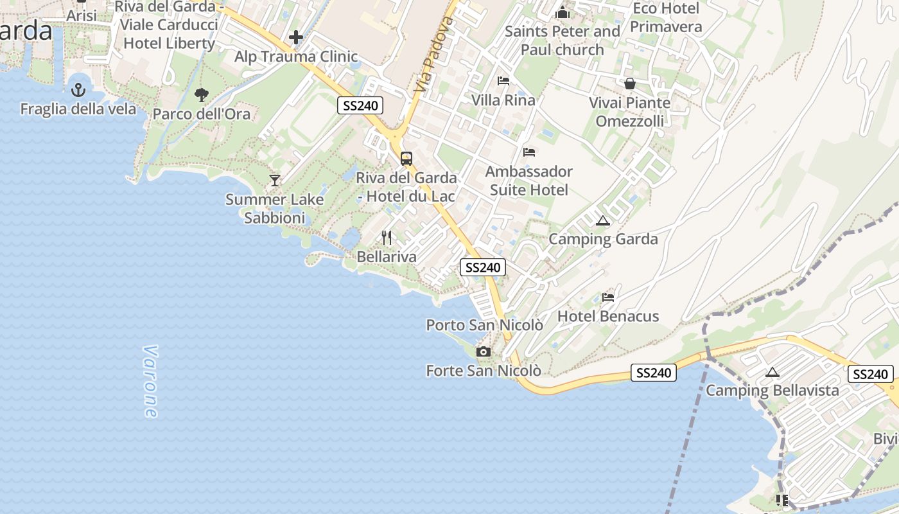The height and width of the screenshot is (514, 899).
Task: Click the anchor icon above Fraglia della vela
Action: pyautogui.click(x=78, y=90)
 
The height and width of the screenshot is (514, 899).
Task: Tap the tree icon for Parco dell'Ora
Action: pyautogui.click(x=202, y=96)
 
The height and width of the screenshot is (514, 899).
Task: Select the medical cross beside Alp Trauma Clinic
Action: pyautogui.click(x=296, y=38)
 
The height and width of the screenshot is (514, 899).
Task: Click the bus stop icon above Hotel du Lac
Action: pyautogui.click(x=406, y=159)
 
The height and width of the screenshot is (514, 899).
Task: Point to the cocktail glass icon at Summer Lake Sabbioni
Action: pyautogui.click(x=275, y=181)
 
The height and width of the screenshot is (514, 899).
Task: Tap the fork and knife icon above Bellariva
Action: pyautogui.click(x=387, y=238)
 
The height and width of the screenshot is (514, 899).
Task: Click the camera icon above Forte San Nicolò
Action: pyautogui.click(x=484, y=352)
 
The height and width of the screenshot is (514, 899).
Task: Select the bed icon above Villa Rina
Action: pyautogui.click(x=503, y=81)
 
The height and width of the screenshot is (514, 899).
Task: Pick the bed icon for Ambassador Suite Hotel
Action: pyautogui.click(x=529, y=152)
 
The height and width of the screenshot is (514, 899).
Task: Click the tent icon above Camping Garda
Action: pyautogui.click(x=602, y=221)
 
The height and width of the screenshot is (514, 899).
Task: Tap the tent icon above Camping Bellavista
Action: pyautogui.click(x=772, y=372)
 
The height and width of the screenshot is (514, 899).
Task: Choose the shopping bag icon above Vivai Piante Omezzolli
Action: pyautogui.click(x=630, y=84)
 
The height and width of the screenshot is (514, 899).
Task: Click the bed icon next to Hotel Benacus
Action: pyautogui.click(x=608, y=297)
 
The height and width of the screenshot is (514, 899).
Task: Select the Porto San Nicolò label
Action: pyautogui.click(x=485, y=325)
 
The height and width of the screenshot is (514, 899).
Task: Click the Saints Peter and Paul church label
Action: pyautogui.click(x=563, y=40)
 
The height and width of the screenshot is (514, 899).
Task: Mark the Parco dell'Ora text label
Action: pyautogui.click(x=202, y=114)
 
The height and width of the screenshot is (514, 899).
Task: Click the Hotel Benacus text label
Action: pyautogui.click(x=608, y=316)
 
